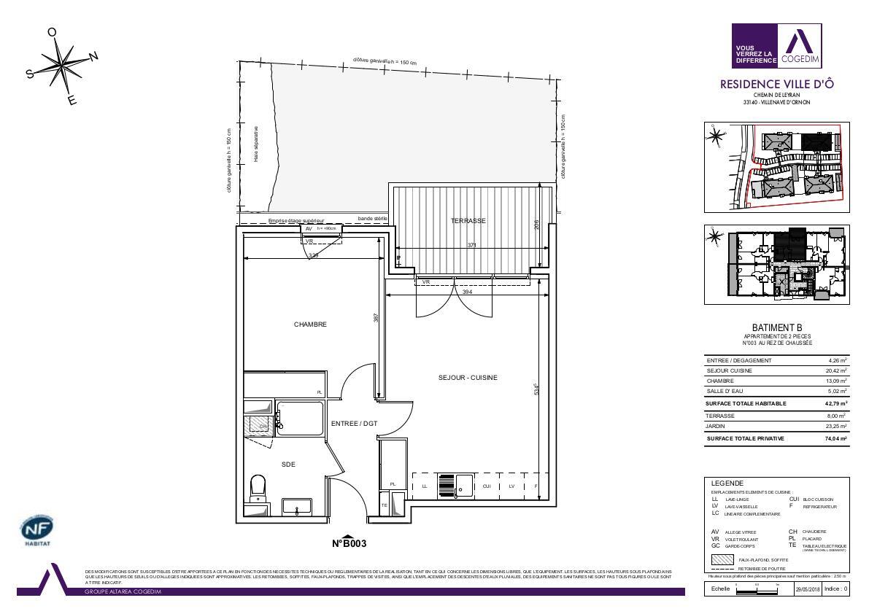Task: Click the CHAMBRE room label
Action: click(310, 325)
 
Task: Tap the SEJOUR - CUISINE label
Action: click(468, 377)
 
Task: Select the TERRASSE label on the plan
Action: click(468, 220)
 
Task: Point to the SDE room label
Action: click(288, 464)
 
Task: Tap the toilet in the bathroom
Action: click(258, 486)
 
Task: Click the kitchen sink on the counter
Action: click(463, 486)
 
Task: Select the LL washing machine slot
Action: click(425, 486)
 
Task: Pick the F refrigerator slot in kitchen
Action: click(536, 486)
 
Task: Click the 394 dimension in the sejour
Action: click(468, 292)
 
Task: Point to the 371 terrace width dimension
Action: click(472, 246)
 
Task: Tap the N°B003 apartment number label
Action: click(349, 543)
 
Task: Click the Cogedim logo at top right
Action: click(776, 45)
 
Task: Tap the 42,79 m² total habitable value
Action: click(835, 403)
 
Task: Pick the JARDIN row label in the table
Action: click(715, 427)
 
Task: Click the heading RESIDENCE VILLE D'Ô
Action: click(776, 85)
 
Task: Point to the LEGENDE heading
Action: click(727, 483)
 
